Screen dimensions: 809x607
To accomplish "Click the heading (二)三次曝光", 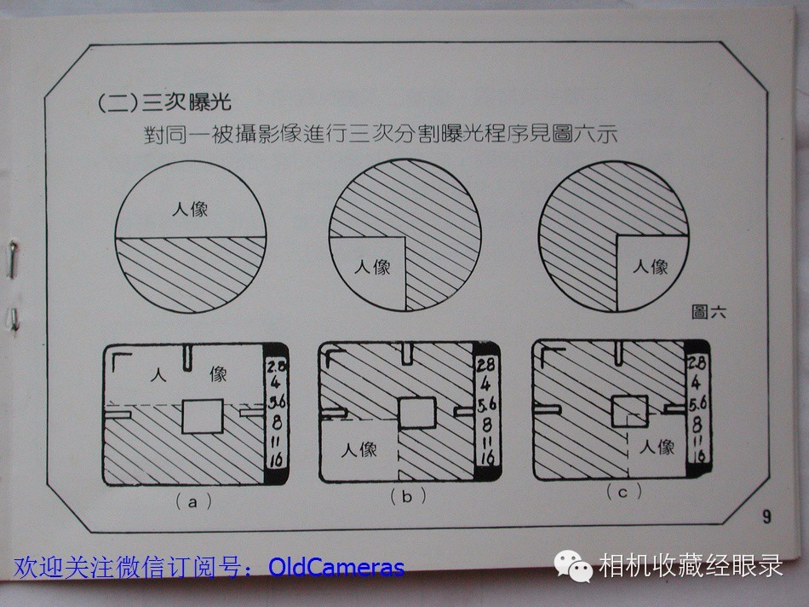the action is (x=164, y=102).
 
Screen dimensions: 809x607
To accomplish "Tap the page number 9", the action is (x=766, y=516).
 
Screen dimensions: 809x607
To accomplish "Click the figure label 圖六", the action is (x=709, y=312).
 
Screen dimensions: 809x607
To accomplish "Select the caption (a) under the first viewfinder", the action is (x=193, y=501).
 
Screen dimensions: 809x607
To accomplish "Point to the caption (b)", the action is (x=408, y=496).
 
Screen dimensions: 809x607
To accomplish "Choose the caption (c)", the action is (x=623, y=491).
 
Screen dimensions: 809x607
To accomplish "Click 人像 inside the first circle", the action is (x=190, y=209).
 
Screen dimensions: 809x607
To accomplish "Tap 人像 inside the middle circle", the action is (x=372, y=267).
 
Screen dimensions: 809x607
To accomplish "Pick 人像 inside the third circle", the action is (x=650, y=267).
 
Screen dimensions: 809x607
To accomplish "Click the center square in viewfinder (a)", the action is (x=203, y=416).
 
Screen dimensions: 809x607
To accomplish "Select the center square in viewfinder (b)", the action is (x=417, y=413).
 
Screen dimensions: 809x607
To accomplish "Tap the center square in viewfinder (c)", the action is (x=629, y=410).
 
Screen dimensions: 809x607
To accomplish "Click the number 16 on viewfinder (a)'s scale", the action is (x=276, y=460).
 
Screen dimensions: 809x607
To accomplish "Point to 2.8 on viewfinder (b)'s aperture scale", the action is (x=486, y=365).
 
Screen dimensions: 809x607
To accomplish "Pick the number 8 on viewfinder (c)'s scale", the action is (x=697, y=425).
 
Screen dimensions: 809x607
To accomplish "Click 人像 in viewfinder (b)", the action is (x=359, y=449).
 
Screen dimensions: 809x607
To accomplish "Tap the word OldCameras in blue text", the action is (x=336, y=567).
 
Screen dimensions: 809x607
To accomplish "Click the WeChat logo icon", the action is (x=573, y=566).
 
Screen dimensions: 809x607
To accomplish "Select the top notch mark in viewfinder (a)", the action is (x=187, y=357).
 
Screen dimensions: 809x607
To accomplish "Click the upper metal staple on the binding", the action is (x=13, y=259).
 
